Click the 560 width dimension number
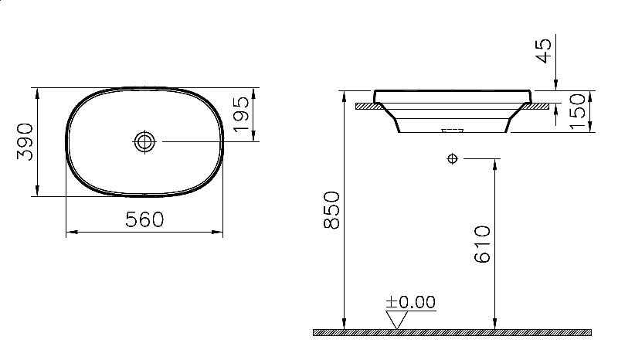[144, 220]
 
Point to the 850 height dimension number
[331, 210]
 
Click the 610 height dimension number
[482, 245]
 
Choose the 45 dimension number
[544, 52]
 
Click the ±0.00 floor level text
[412, 301]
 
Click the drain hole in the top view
[144, 141]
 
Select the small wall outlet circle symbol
[452, 159]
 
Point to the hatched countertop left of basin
[365, 104]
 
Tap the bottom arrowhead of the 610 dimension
[494, 324]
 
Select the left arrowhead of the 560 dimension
[70, 232]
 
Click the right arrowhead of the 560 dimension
[219, 232]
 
